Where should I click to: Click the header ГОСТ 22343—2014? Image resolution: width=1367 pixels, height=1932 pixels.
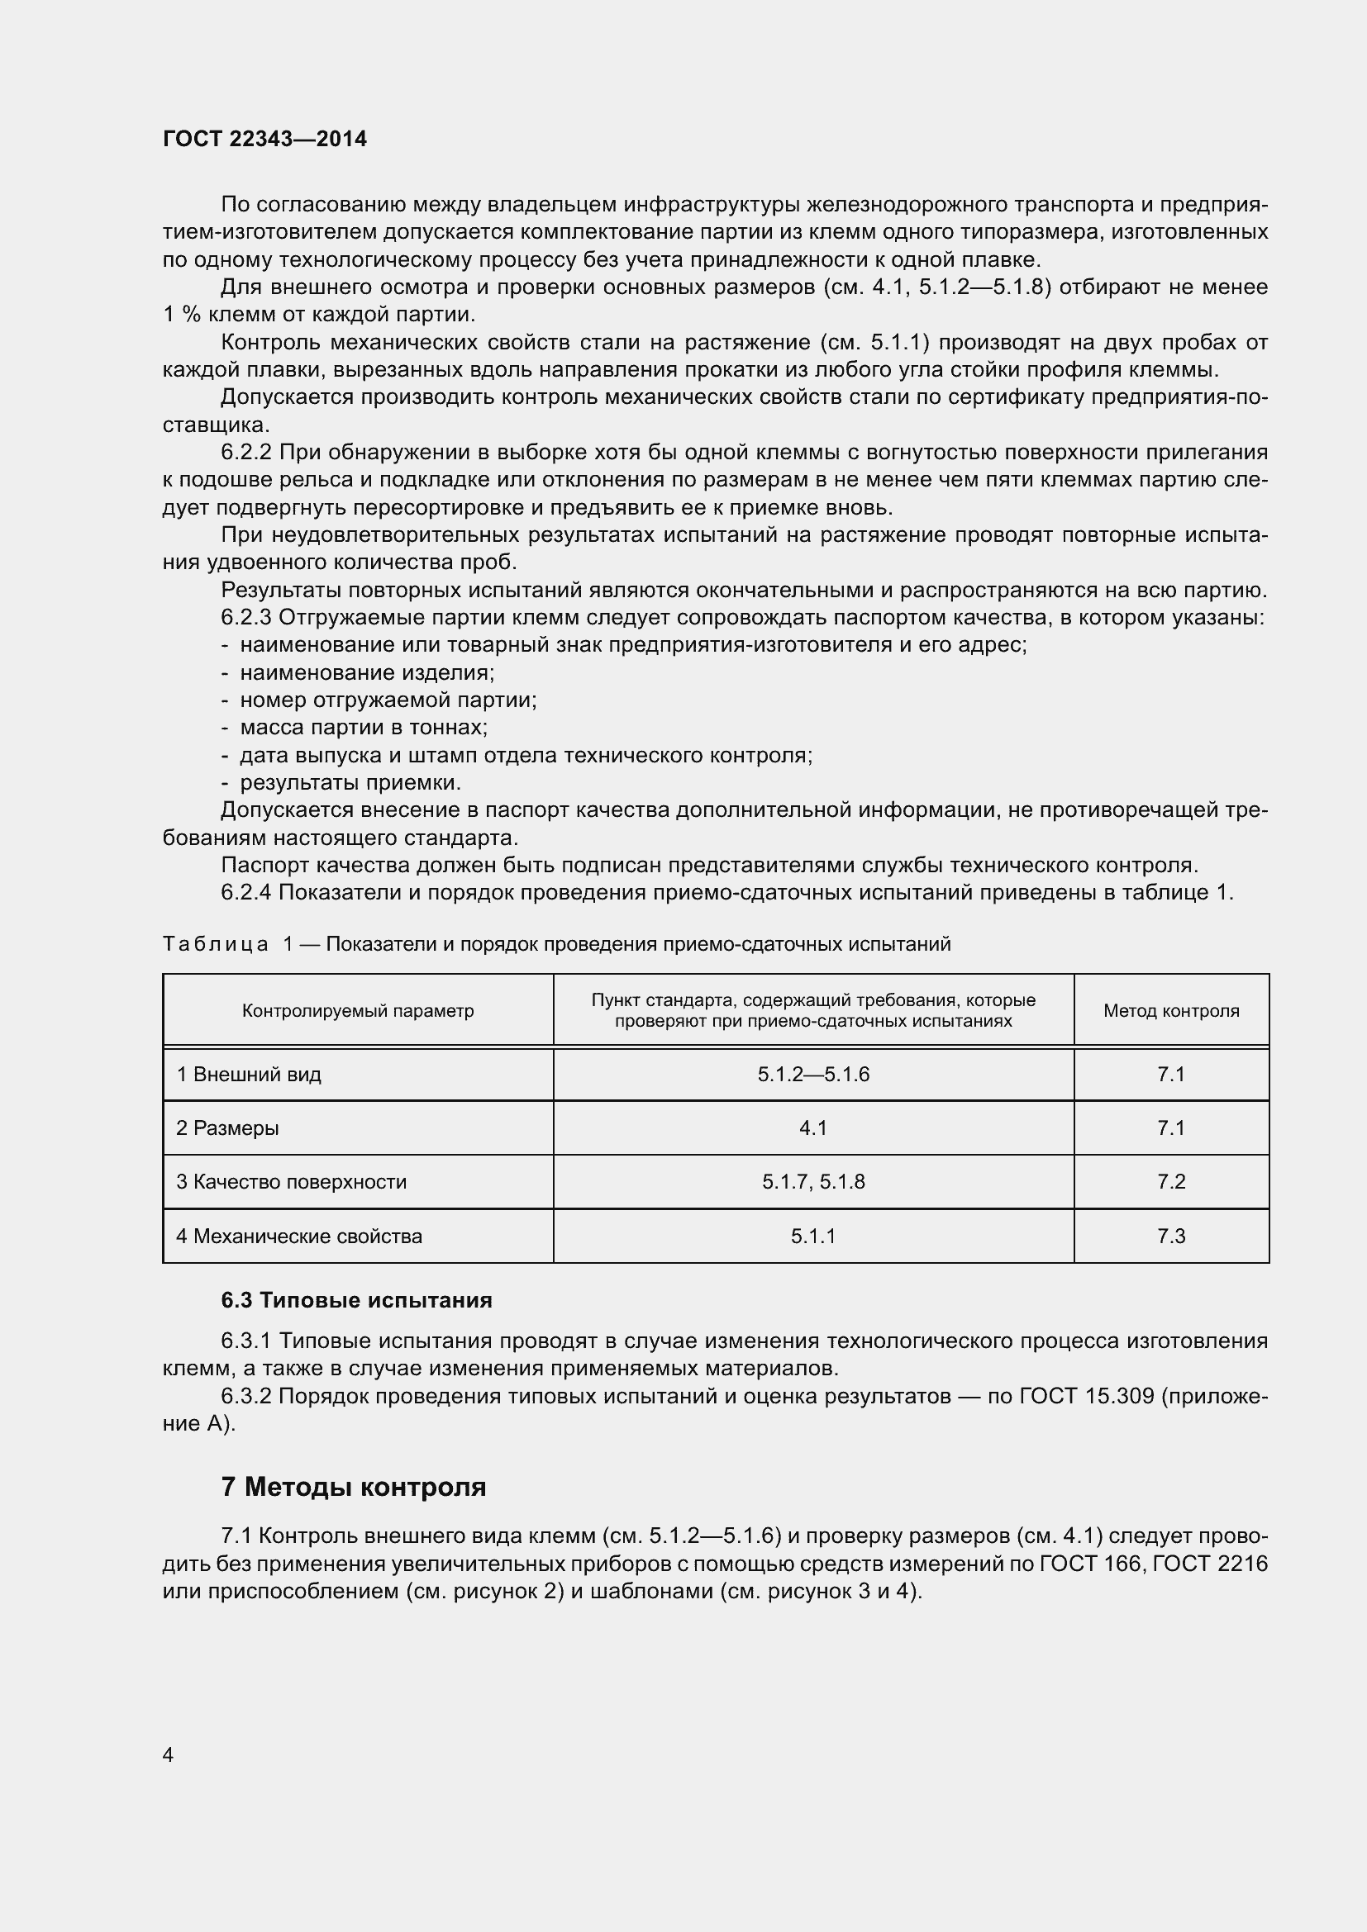264,139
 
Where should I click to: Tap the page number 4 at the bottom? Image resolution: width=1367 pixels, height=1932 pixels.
169,1754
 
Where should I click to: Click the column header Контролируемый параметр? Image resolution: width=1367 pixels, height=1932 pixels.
358,1010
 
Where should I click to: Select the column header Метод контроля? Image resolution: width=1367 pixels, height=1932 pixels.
1171,1010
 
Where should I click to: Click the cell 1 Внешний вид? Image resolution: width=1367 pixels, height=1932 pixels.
249,1075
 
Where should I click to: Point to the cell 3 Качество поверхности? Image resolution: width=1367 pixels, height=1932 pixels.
291,1182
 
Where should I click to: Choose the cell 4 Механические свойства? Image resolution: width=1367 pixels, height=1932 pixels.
299,1237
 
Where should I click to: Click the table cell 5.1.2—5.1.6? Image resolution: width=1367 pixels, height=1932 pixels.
813,1075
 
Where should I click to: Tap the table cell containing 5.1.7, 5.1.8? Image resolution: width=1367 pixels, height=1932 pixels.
813,1182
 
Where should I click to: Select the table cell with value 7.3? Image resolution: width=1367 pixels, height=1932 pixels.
1171,1237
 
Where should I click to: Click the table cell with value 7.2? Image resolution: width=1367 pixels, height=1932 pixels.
1171,1182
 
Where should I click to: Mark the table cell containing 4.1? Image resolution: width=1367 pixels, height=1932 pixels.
813,1128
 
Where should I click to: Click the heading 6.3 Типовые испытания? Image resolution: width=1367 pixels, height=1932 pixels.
356,1300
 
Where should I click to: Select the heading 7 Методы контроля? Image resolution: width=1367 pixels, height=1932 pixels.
354,1487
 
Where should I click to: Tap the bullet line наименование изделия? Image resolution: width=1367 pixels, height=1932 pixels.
367,672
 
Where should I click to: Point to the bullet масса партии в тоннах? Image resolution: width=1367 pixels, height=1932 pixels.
364,727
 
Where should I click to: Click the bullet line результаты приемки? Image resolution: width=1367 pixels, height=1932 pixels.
350,782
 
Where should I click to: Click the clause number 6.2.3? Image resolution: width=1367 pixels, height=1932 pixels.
245,618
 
